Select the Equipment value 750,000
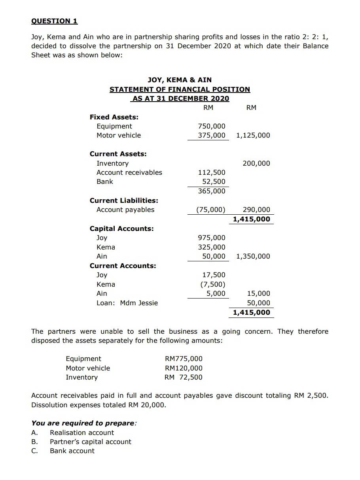211,126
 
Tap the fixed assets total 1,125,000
253,135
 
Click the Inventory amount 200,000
256,163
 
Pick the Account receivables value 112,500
211,172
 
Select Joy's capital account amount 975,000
211,238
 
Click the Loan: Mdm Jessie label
127,303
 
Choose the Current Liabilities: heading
124,200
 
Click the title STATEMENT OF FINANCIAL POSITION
180,89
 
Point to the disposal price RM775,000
183,359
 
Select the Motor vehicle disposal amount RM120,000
183,368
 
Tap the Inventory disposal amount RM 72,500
183,377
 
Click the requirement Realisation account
81,433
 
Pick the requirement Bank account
72,451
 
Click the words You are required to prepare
83,423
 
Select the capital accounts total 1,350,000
253,256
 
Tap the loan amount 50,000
258,303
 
